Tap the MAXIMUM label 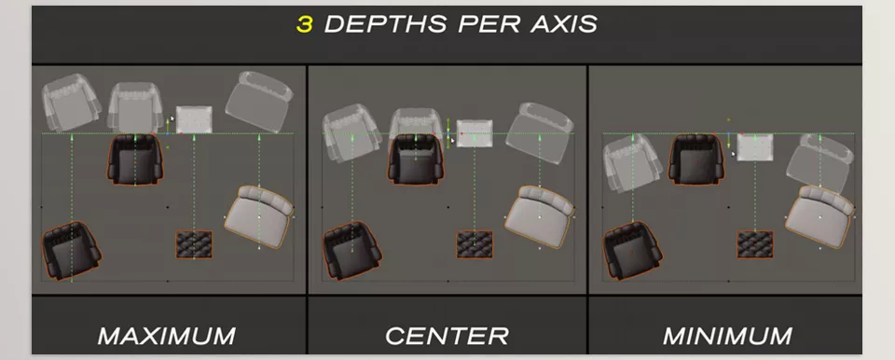(x=167, y=336)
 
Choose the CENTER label (x=447, y=336)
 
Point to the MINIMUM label (x=727, y=336)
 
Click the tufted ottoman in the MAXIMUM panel (x=194, y=243)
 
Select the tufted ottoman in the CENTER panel (x=475, y=243)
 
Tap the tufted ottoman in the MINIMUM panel (x=755, y=243)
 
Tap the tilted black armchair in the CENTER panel (x=351, y=251)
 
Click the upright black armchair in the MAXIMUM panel (x=136, y=159)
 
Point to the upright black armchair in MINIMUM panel (x=696, y=159)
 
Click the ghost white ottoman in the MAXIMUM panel (x=194, y=119)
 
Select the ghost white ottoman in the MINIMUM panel (x=755, y=146)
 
